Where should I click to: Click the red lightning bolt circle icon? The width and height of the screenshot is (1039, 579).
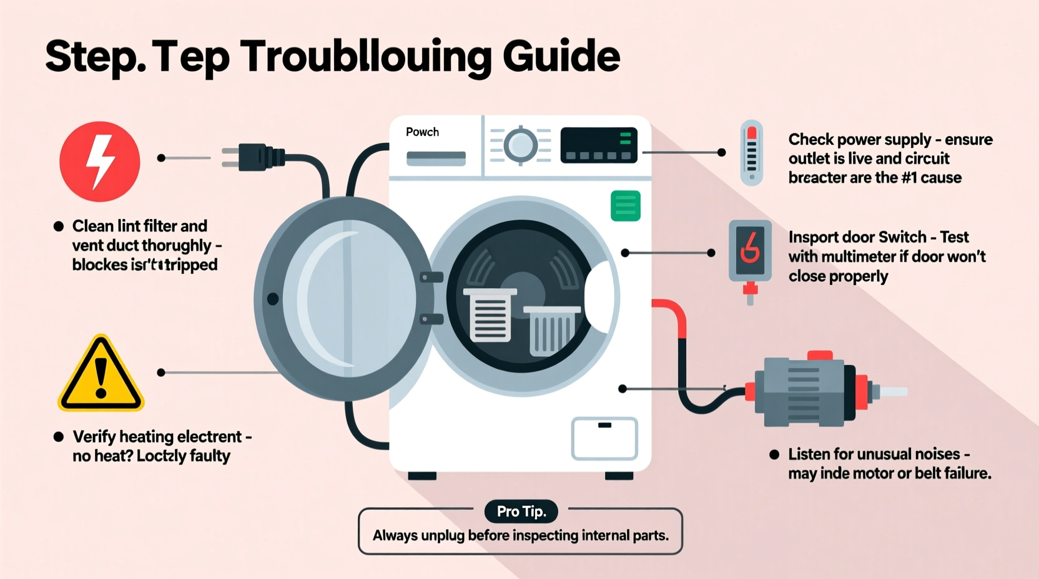click(x=100, y=162)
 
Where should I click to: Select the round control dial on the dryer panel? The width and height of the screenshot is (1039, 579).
click(x=520, y=145)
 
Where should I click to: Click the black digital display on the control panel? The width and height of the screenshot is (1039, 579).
click(x=598, y=145)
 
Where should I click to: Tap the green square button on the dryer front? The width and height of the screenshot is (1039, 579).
click(x=625, y=206)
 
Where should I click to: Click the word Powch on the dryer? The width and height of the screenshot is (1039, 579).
click(x=422, y=132)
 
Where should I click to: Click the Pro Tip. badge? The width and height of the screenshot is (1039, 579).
click(x=521, y=512)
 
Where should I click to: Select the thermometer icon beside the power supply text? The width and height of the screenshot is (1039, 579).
click(x=752, y=153)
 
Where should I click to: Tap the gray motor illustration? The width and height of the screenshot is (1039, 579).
click(x=805, y=390)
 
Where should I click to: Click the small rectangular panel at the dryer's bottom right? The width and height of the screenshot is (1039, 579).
click(x=604, y=438)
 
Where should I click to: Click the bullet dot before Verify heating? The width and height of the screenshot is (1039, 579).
click(x=59, y=437)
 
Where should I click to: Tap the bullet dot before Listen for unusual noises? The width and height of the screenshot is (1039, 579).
click(x=774, y=454)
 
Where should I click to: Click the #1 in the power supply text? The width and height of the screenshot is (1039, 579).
click(x=909, y=178)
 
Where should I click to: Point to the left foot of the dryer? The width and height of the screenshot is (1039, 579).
click(x=422, y=476)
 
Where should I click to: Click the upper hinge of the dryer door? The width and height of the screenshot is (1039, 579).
click(x=431, y=277)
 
